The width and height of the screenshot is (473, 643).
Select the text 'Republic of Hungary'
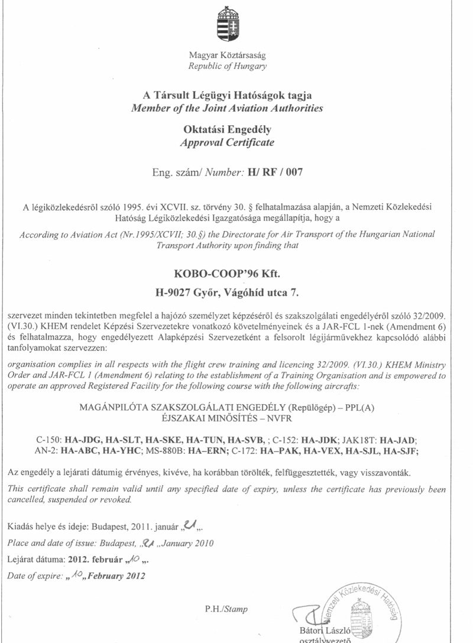pyautogui.click(x=227, y=66)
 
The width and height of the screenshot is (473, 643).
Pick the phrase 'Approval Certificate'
pyautogui.click(x=227, y=142)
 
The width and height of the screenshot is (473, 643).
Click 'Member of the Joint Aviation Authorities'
pyautogui.click(x=227, y=108)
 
